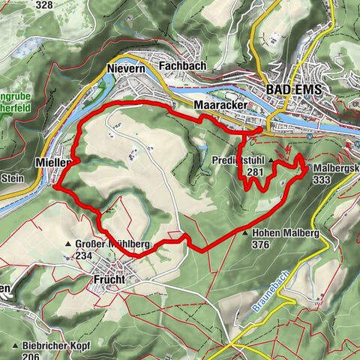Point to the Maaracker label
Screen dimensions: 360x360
[217, 105]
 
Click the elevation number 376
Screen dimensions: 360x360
[261, 244]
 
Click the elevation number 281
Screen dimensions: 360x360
[256, 171]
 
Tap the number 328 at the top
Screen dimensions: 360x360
[44, 5]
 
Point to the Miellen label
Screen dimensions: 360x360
[52, 162]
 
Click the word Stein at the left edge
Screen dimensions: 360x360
[13, 178]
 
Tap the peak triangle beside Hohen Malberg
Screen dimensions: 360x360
[245, 233]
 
